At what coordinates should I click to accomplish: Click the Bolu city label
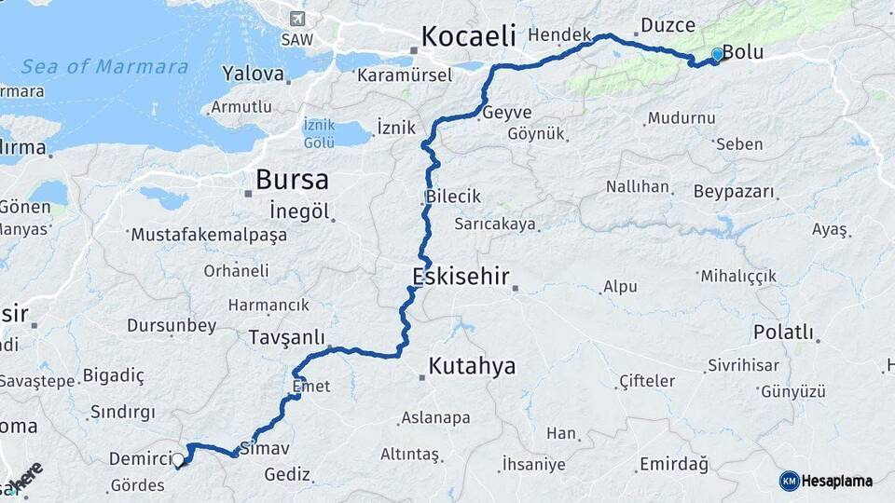(x=743, y=53)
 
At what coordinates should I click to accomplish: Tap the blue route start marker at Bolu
(x=716, y=55)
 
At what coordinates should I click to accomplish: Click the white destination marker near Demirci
(x=178, y=458)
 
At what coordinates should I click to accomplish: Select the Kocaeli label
(x=468, y=36)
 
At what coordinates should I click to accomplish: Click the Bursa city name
(x=292, y=179)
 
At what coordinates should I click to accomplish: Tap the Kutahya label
(x=472, y=366)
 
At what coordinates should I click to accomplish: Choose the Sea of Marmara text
(x=104, y=67)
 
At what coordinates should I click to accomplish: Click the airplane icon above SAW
(x=296, y=20)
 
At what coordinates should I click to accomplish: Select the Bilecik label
(x=453, y=197)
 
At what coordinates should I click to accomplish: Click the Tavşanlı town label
(x=285, y=336)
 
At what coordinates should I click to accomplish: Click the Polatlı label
(x=783, y=333)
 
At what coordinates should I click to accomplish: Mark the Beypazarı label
(x=735, y=192)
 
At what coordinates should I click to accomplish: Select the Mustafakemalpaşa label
(x=209, y=235)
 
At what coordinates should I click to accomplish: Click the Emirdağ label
(x=674, y=463)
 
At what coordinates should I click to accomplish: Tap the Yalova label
(x=253, y=73)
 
